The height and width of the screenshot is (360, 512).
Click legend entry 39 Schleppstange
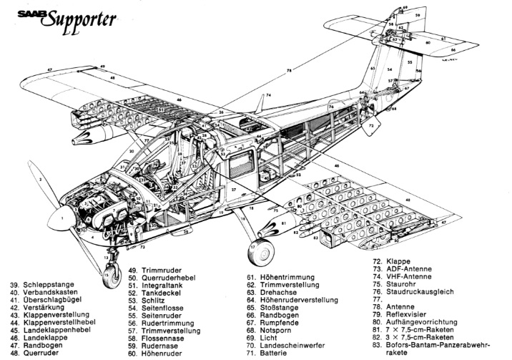[47, 284]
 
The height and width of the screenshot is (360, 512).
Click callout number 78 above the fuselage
[289, 70]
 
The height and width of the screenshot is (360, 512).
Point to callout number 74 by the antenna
[268, 95]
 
